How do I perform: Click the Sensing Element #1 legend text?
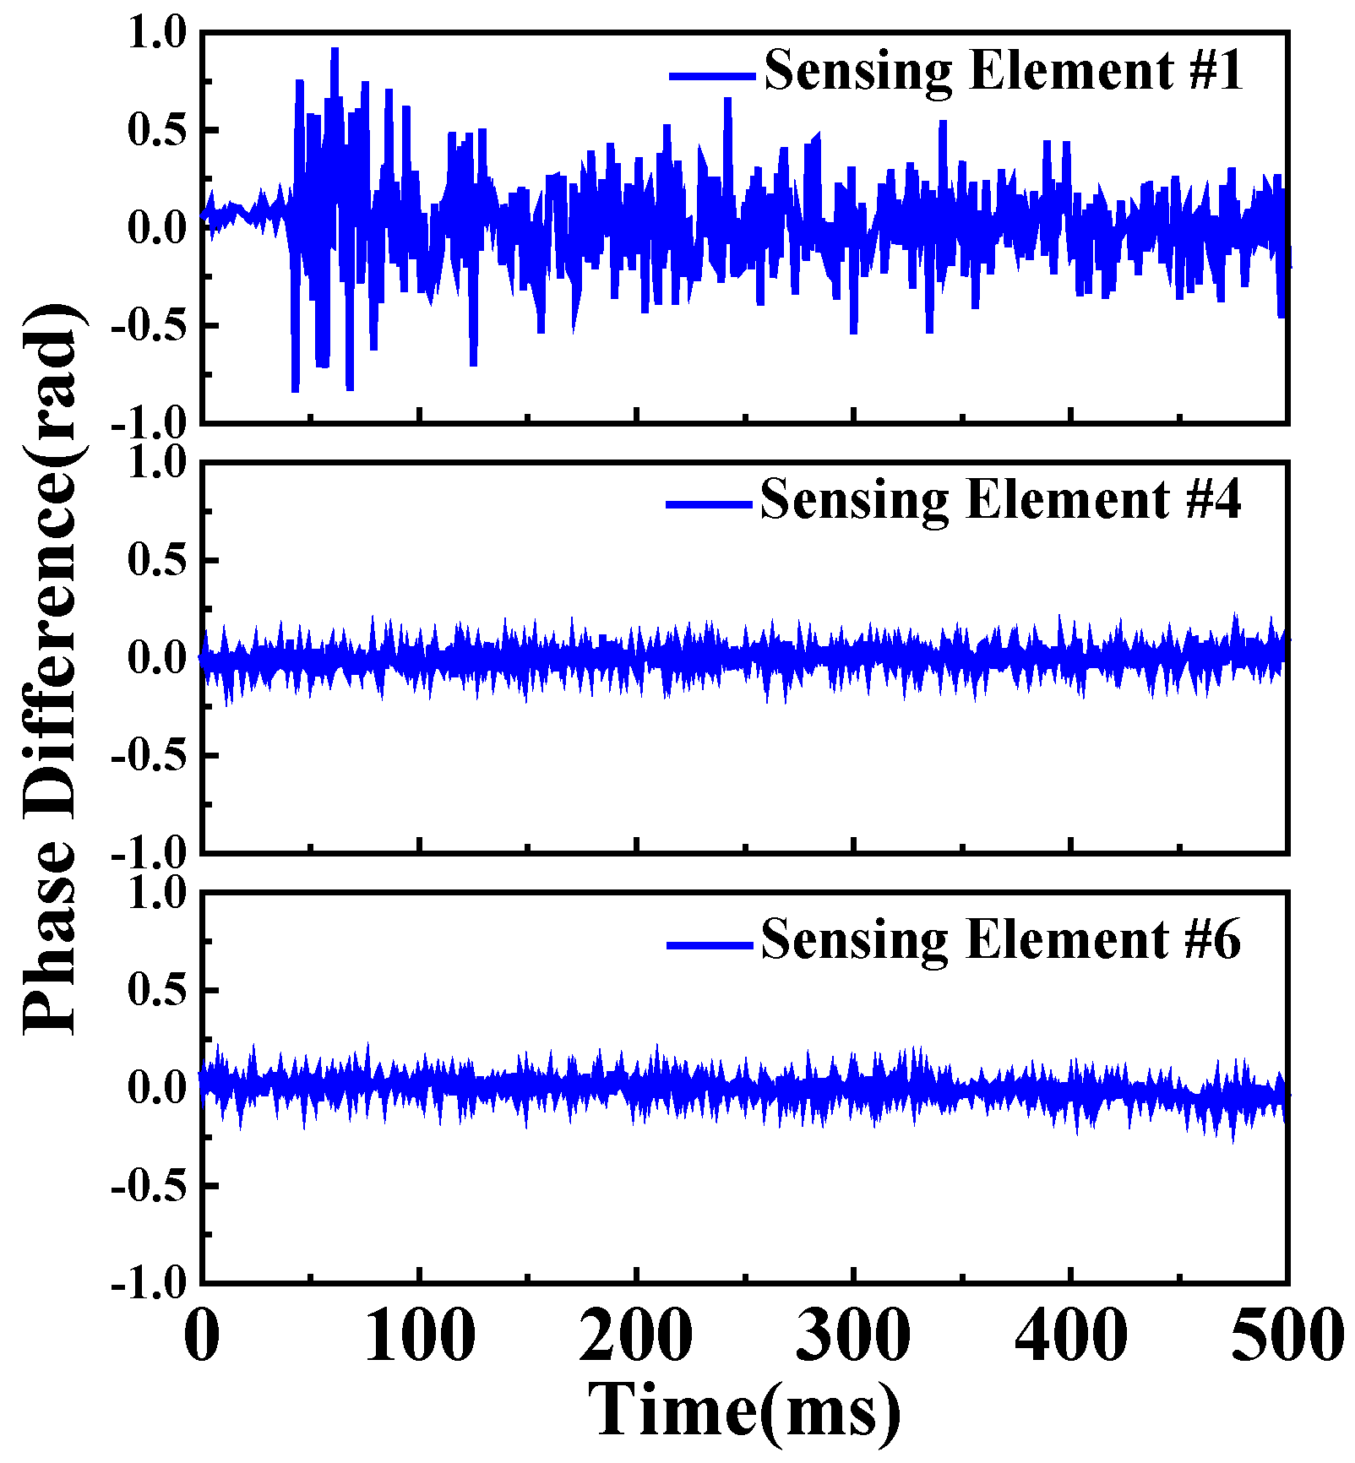[1003, 71]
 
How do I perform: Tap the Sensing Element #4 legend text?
[1000, 500]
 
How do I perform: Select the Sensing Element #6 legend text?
[1000, 939]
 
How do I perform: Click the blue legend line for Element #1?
[712, 76]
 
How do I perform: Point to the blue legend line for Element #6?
[710, 944]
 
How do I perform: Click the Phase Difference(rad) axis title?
[52, 667]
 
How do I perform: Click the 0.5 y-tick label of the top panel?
[157, 131]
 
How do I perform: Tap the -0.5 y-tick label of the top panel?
[148, 327]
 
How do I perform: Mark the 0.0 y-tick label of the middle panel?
[157, 658]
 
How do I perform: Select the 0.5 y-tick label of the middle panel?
[157, 560]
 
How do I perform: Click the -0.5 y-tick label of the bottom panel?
[148, 1187]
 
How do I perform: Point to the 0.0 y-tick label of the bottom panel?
[157, 1088]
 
